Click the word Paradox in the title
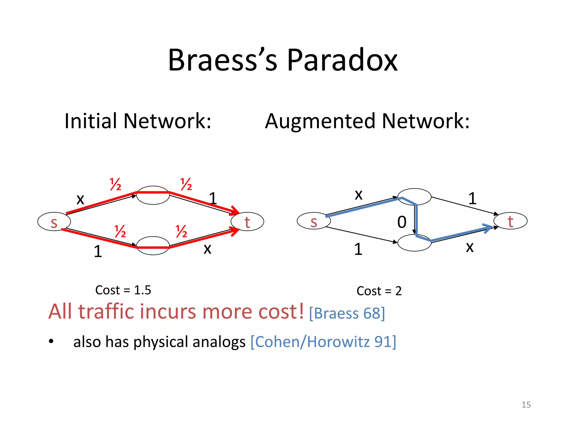pos(342,60)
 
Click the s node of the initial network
pos(54,222)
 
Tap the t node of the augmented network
pos(510,221)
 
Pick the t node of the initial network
pos(247,222)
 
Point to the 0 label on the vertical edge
pos(402,222)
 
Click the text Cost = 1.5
pos(123,290)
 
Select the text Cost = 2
pos(379,291)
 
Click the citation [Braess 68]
pos(347,313)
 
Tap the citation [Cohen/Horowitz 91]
pos(323,342)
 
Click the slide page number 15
pos(526,405)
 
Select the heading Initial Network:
pos(138,121)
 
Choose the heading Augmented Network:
pos(367,121)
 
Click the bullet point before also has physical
pos(51,342)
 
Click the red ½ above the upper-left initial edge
pos(115,184)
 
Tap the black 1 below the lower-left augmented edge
pos(358,249)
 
